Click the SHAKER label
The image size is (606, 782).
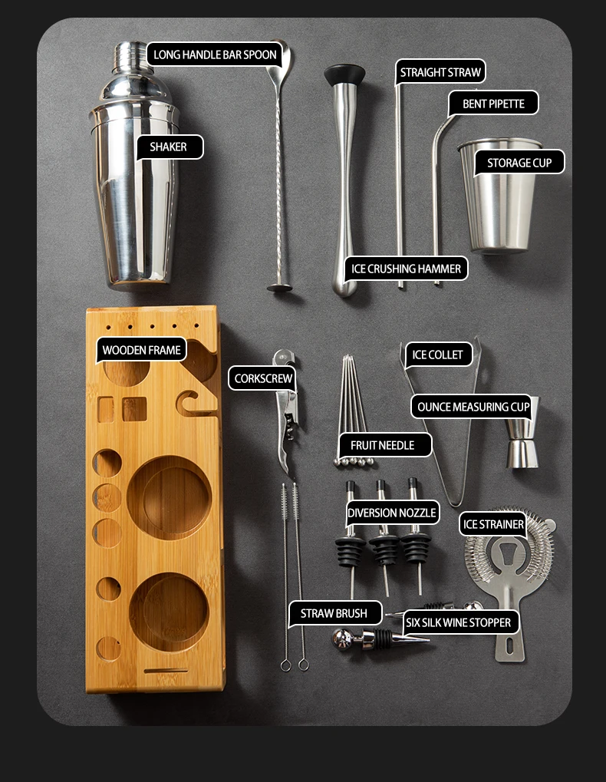point(170,147)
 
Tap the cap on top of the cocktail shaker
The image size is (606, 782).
point(132,58)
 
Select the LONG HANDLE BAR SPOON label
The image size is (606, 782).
point(215,54)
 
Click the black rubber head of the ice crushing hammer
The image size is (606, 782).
point(344,74)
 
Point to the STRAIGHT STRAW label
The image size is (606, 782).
point(440,72)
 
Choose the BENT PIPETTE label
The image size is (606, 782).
point(493,104)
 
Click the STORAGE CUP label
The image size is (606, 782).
point(519,163)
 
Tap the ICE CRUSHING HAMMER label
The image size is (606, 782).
point(406,269)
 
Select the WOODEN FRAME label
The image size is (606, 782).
point(142,350)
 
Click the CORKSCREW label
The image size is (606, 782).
point(262,378)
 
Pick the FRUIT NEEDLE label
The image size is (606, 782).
point(382,445)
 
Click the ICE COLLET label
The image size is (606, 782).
point(437,355)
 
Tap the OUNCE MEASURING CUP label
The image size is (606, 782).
point(473,407)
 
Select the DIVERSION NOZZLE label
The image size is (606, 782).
point(392,513)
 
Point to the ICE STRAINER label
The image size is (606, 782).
point(493,524)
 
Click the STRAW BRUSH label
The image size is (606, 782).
point(334,613)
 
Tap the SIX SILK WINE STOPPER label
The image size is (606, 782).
point(459,622)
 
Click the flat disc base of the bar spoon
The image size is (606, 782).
point(279,288)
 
